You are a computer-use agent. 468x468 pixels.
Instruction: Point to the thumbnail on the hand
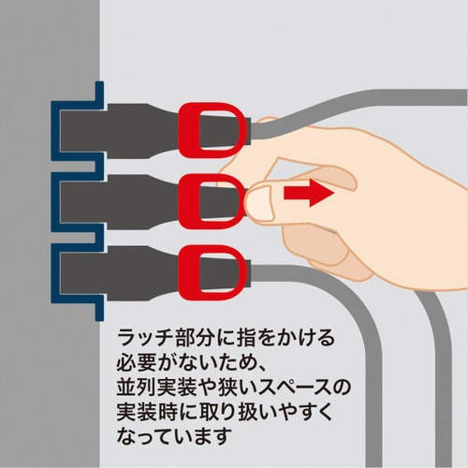[258, 198]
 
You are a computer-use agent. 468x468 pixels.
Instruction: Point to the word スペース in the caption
[292, 383]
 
